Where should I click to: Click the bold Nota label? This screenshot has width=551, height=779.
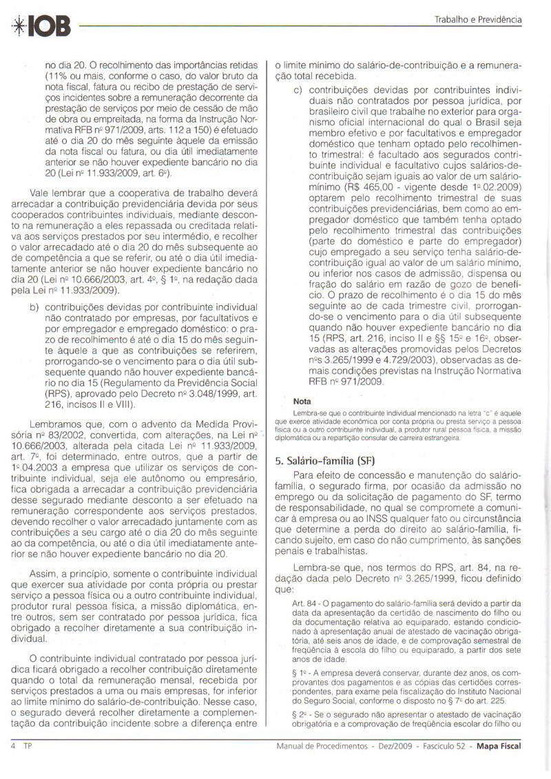[302, 400]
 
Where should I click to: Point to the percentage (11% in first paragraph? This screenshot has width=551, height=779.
[57, 76]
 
